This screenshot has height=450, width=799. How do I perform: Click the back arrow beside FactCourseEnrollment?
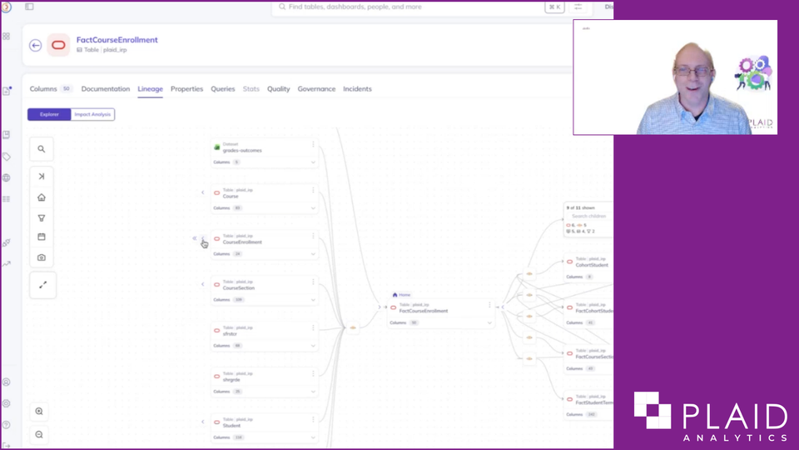[35, 46]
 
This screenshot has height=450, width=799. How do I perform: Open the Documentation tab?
[106, 89]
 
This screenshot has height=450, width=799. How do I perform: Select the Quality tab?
[278, 89]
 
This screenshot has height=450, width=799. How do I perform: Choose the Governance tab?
[316, 89]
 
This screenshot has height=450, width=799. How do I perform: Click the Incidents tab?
[357, 89]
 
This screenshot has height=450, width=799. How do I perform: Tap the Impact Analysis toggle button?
[92, 114]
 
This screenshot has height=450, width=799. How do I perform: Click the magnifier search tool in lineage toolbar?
[42, 149]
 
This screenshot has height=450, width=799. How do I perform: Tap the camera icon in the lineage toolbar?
[42, 257]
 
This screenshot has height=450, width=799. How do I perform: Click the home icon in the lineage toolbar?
[42, 197]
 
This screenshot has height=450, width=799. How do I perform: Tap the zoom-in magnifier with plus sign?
[39, 412]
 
